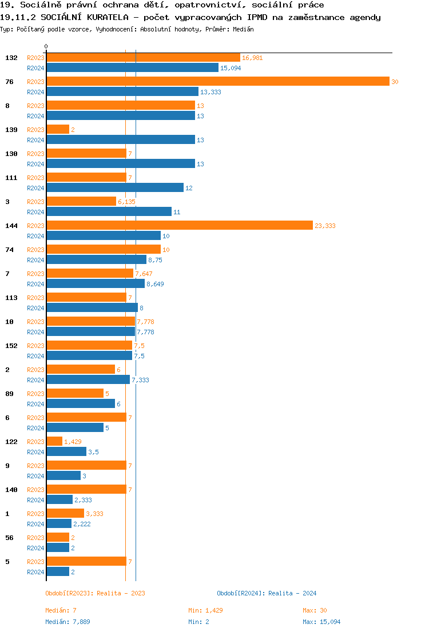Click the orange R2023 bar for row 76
point(217,82)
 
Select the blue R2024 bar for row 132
point(132,67)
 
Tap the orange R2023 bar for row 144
point(180,226)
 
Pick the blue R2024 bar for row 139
point(121,140)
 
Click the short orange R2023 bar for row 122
point(54,442)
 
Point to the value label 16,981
point(252,58)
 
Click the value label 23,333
point(325,226)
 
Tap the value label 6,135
point(126,202)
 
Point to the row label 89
point(9,394)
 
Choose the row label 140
point(11,490)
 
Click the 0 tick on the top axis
point(46,46)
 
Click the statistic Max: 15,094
point(321,622)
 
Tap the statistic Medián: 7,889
point(67,622)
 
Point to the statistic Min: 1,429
point(205,610)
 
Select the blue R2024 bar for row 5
point(58,572)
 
